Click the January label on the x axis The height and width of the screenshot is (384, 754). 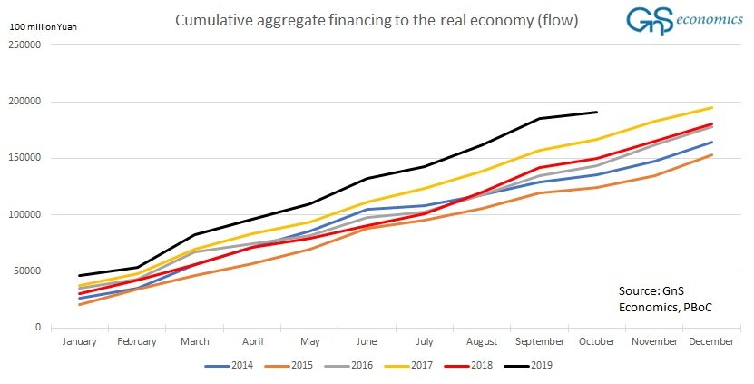(80, 342)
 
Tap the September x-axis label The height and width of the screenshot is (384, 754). (539, 342)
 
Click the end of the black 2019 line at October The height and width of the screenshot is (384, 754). (596, 113)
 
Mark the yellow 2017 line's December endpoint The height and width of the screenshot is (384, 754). (711, 108)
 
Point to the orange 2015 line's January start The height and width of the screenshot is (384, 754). (81, 304)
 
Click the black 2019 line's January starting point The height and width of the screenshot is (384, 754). (81, 275)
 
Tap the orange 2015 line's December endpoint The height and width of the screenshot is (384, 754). (711, 154)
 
